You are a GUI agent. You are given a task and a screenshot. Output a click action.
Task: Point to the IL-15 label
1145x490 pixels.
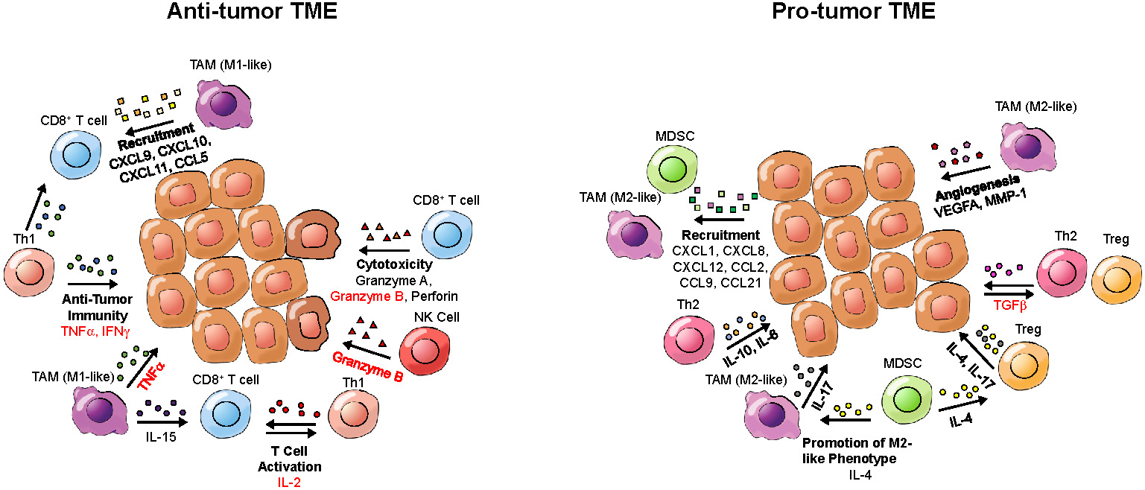(161, 436)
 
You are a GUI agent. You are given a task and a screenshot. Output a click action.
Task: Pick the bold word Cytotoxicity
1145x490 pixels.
(394, 265)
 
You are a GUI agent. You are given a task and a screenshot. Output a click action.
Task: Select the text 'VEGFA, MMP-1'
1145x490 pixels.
(977, 213)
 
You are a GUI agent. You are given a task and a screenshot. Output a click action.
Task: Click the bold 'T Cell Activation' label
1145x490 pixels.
(290, 459)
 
